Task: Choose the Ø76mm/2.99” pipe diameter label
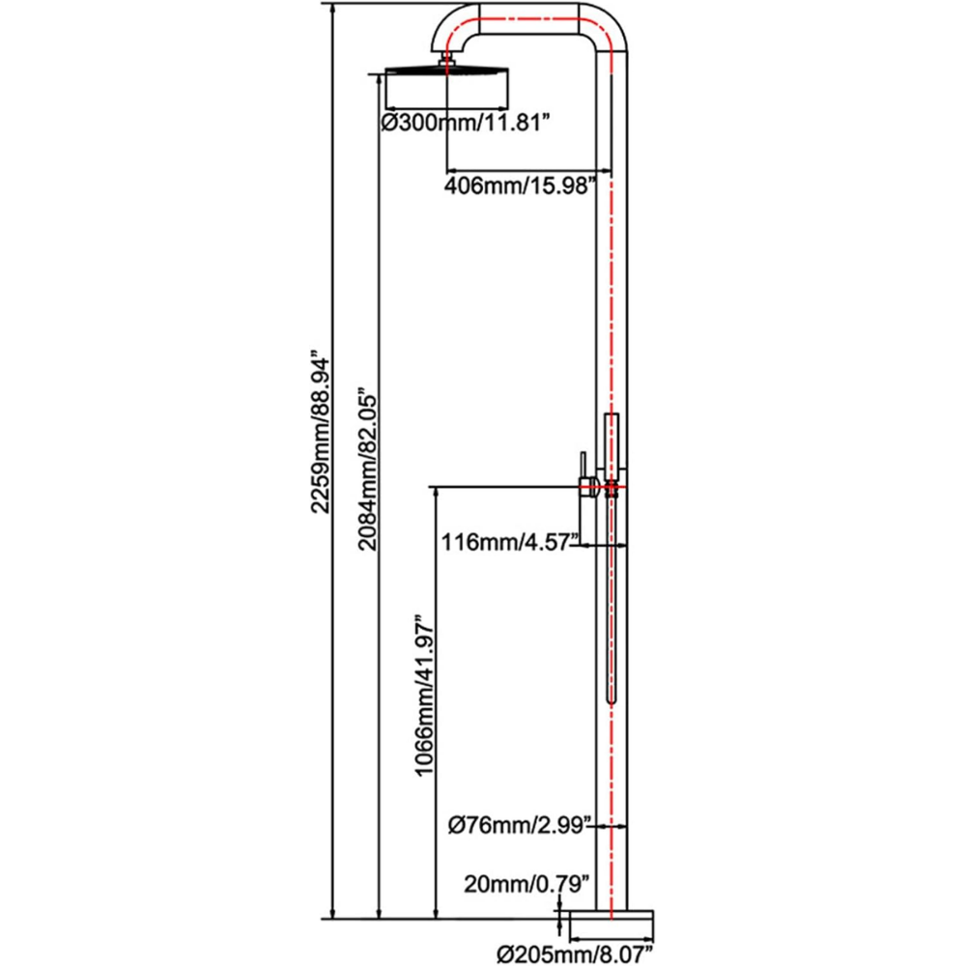click(x=518, y=825)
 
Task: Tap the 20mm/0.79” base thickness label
click(x=526, y=882)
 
